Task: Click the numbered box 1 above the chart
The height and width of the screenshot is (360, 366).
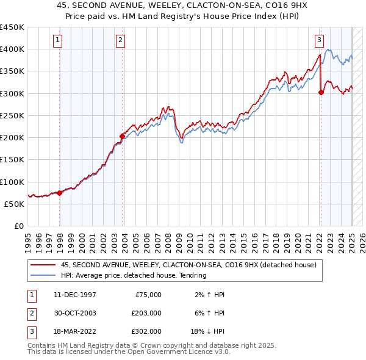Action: click(58, 41)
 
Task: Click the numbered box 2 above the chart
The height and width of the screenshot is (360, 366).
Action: click(121, 41)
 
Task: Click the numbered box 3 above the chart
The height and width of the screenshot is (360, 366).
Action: click(319, 41)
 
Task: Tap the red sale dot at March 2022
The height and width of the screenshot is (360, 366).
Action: click(321, 93)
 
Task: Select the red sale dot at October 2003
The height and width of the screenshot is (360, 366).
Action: click(122, 136)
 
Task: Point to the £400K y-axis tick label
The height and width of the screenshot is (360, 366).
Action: click(12, 49)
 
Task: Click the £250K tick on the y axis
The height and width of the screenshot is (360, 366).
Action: click(12, 116)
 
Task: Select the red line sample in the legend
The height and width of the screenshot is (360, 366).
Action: click(43, 265)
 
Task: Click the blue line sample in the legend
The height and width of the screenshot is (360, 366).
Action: click(43, 276)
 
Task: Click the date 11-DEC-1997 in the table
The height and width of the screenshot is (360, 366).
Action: click(75, 295)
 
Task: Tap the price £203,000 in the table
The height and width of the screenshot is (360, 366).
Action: click(146, 313)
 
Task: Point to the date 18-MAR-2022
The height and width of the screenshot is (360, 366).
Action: click(75, 331)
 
